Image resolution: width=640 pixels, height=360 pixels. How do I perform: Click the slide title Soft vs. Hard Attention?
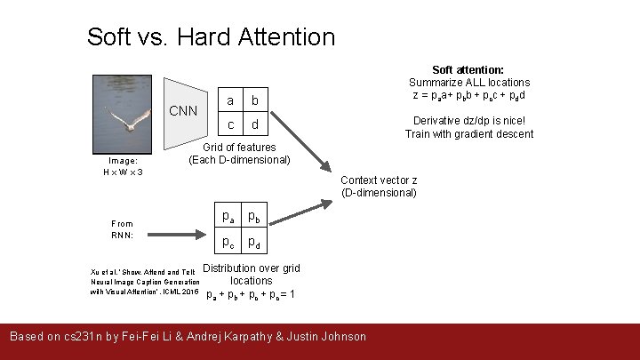211,37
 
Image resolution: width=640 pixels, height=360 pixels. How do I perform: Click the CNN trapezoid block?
183,110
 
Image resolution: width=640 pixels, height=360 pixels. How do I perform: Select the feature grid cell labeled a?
230,100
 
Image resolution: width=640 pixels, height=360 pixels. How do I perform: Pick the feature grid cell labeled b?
255,100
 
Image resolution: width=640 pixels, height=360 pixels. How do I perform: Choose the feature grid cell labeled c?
230,124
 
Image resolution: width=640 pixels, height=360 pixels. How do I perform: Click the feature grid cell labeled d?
255,124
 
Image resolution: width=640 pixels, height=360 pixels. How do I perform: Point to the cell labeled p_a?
228,216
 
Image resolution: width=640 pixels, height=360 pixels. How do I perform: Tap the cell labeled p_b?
254,216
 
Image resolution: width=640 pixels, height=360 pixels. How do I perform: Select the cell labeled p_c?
228,241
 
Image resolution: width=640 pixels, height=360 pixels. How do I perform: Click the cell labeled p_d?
254,241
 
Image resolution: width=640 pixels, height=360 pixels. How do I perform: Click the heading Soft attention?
468,69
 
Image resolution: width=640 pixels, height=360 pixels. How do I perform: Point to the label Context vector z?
380,180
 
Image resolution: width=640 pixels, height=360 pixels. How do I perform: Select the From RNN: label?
123,229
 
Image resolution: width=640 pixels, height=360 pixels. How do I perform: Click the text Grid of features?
239,148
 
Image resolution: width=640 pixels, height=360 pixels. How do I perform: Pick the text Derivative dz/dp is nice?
469,122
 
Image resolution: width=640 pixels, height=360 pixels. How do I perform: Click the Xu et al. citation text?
143,282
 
